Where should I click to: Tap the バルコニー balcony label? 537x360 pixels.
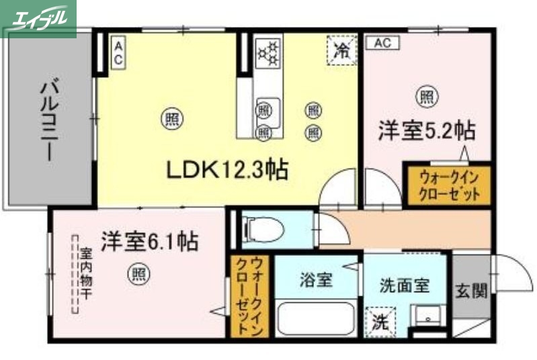48,120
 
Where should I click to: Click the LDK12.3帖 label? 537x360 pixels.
227,169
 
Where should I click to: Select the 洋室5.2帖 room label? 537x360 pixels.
426,130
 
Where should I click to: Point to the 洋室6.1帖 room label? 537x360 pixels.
149,240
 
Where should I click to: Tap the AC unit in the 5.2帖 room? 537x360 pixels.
382,43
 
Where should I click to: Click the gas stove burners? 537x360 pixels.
267,52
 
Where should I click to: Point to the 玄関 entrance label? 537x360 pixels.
471,290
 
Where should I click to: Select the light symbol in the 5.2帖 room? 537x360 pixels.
426,96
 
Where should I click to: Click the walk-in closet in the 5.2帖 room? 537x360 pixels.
449,185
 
